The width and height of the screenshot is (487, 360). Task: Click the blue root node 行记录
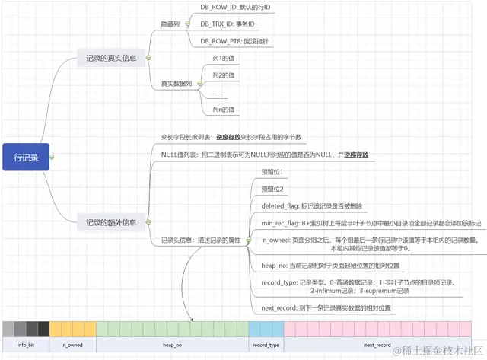click(25, 157)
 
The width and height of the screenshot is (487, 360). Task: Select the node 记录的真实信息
click(111, 58)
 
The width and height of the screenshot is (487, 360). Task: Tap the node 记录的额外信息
click(111, 223)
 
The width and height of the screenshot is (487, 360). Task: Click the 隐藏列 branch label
click(172, 23)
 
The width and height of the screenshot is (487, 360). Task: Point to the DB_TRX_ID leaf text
click(228, 24)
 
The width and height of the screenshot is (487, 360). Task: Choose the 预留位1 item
click(272, 173)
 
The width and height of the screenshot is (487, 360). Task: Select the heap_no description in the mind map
click(329, 266)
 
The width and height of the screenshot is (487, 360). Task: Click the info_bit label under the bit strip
click(25, 345)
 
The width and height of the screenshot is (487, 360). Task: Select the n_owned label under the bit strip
click(73, 345)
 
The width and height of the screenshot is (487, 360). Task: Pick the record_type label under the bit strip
click(266, 345)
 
